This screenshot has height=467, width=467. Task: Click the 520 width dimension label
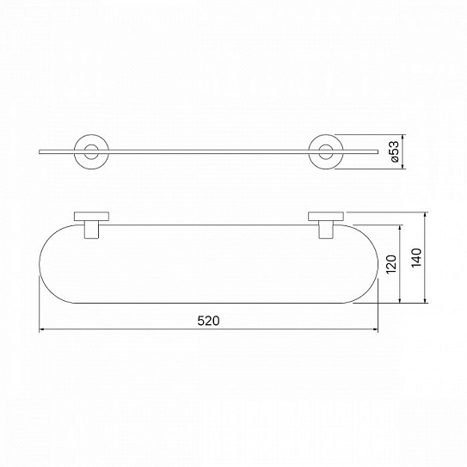point(208,321)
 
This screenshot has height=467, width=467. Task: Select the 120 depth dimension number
point(391,264)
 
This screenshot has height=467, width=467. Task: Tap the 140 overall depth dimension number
point(416,257)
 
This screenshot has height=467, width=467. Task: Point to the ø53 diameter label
point(394,151)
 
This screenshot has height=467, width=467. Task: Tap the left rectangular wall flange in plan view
point(91,217)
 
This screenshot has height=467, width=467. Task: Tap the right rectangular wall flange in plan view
point(326,217)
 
